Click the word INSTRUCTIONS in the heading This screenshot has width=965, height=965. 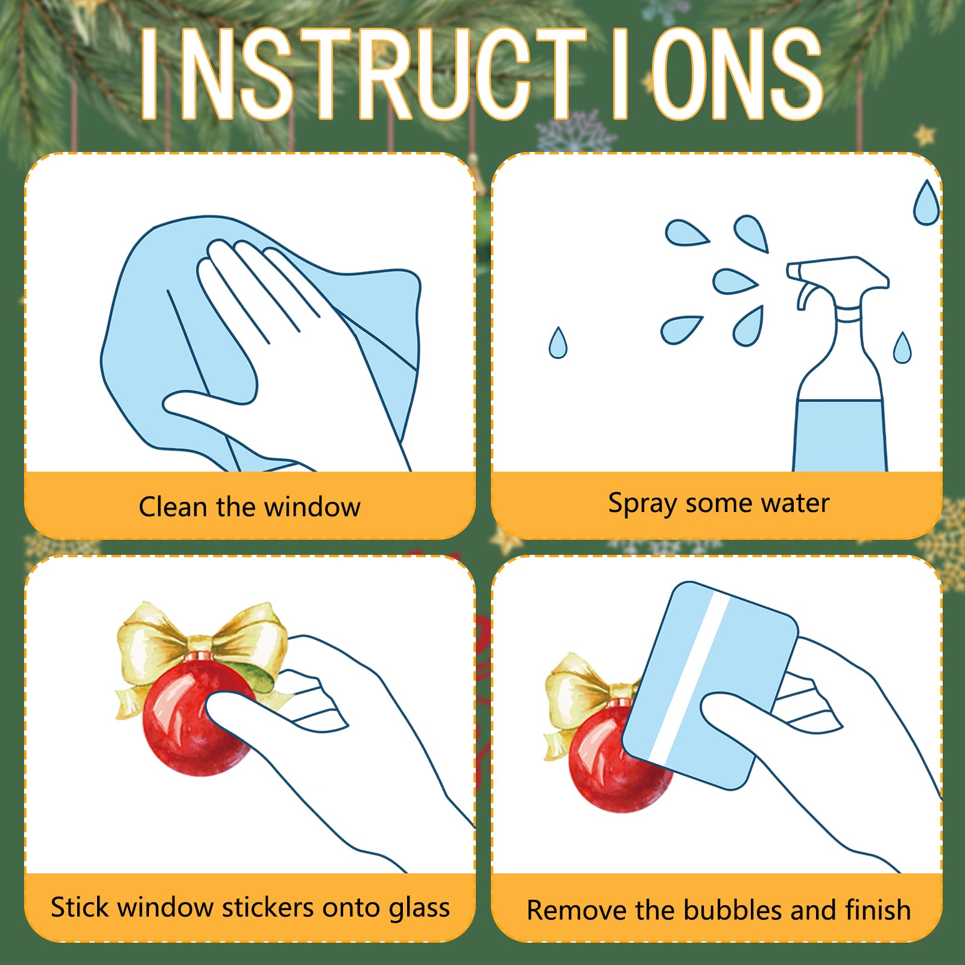[x=482, y=74]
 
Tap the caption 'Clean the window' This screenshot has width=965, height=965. [x=250, y=507]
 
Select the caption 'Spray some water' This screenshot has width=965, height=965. [x=718, y=504]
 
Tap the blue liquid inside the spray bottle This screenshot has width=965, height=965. [x=840, y=435]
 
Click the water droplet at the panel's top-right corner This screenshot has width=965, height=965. [x=926, y=203]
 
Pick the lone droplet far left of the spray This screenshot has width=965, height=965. [x=558, y=343]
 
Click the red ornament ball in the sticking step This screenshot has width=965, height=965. [x=196, y=718]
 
